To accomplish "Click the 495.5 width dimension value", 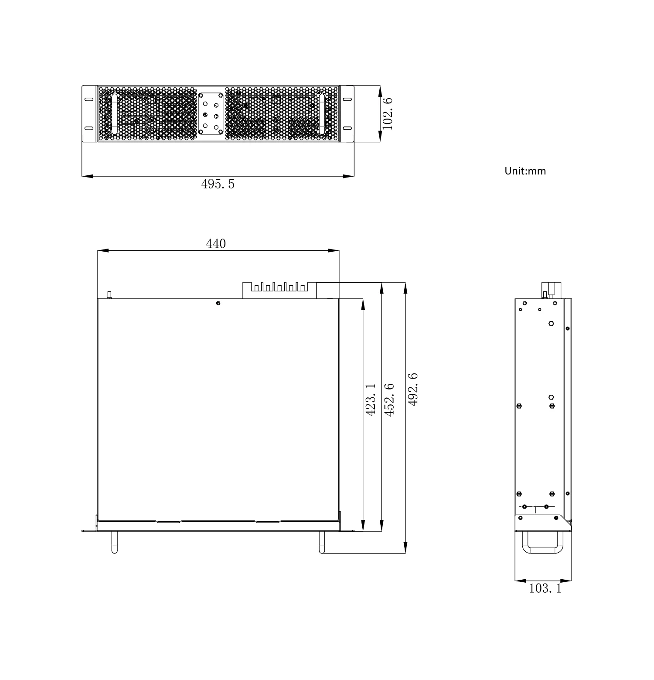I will coord(218,185).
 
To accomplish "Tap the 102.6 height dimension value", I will coord(388,113).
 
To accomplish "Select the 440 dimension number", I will coord(216,243).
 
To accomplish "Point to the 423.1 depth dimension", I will coord(370,399).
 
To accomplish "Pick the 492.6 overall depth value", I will coord(412,389).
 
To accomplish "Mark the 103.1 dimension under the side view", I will coord(545,588).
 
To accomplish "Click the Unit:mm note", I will coord(525,171).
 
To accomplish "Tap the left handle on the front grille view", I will coord(115,114).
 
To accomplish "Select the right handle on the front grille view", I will coord(322,114).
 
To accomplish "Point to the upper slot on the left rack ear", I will coord(89,99).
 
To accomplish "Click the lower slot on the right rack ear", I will coord(347,128).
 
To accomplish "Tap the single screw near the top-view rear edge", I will coord(218,303).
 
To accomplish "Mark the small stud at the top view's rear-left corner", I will coord(109,295).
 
